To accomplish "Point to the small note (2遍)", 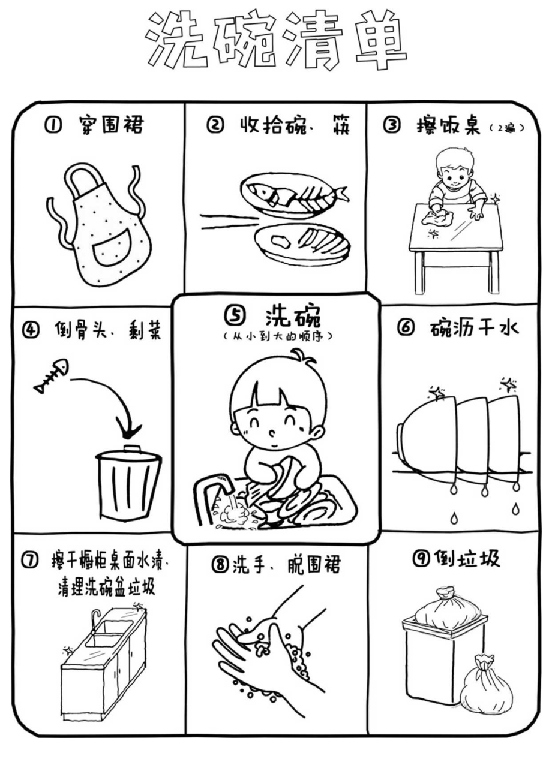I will coord(507,128).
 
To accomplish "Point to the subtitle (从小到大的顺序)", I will coord(277,336).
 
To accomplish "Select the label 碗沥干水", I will coord(474,328).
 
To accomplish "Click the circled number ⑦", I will coord(29,561).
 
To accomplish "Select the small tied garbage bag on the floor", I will coord(486,686).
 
